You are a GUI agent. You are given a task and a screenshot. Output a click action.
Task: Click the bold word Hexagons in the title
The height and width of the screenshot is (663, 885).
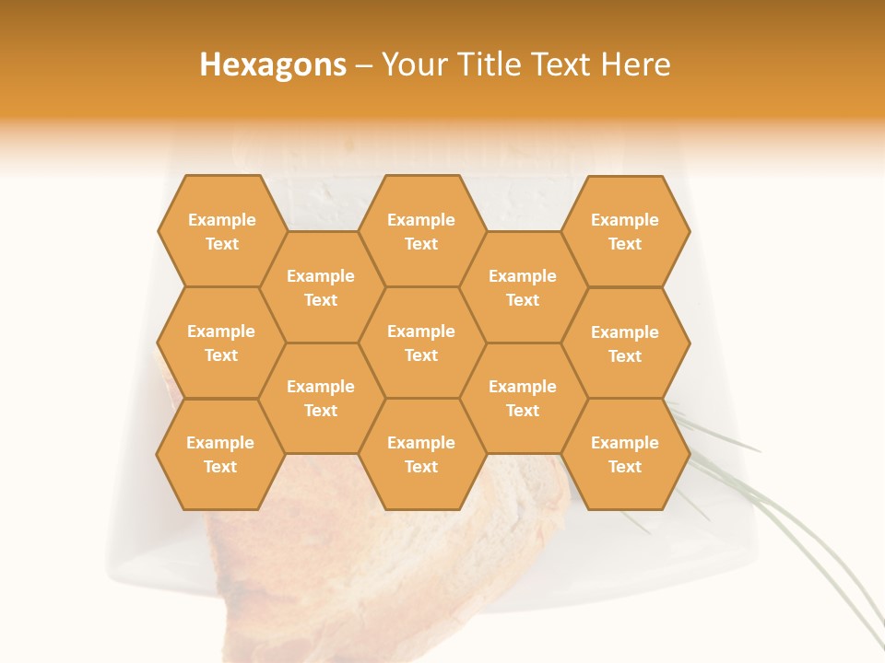click(273, 64)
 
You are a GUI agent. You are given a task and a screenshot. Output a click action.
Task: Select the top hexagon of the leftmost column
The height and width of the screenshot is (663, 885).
click(221, 231)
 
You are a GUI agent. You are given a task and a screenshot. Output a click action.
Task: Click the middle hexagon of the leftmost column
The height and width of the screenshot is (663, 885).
click(221, 343)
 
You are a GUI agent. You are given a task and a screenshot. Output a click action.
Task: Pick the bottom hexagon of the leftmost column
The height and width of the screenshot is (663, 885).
click(220, 454)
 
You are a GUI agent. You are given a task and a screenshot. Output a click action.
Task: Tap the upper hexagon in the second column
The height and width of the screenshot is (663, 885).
click(321, 287)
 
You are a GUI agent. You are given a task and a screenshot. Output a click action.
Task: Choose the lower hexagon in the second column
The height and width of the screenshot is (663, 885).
click(321, 398)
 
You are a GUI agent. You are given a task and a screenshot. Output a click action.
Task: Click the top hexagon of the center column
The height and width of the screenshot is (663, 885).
click(421, 231)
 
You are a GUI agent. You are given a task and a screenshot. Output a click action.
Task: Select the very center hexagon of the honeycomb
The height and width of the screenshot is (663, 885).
click(421, 343)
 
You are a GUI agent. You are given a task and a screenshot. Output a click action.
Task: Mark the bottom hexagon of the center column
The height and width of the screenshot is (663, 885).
click(421, 454)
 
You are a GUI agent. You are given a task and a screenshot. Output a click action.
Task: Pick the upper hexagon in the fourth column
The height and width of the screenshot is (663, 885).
click(523, 287)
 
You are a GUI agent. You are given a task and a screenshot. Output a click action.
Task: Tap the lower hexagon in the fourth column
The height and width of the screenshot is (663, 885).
click(523, 398)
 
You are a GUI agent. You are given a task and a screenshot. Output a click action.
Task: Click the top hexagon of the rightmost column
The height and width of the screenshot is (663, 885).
click(625, 231)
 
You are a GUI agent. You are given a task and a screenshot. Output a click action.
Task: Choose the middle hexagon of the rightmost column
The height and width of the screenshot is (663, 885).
click(625, 343)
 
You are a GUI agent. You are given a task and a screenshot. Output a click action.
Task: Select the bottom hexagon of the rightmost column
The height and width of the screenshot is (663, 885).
click(625, 454)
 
